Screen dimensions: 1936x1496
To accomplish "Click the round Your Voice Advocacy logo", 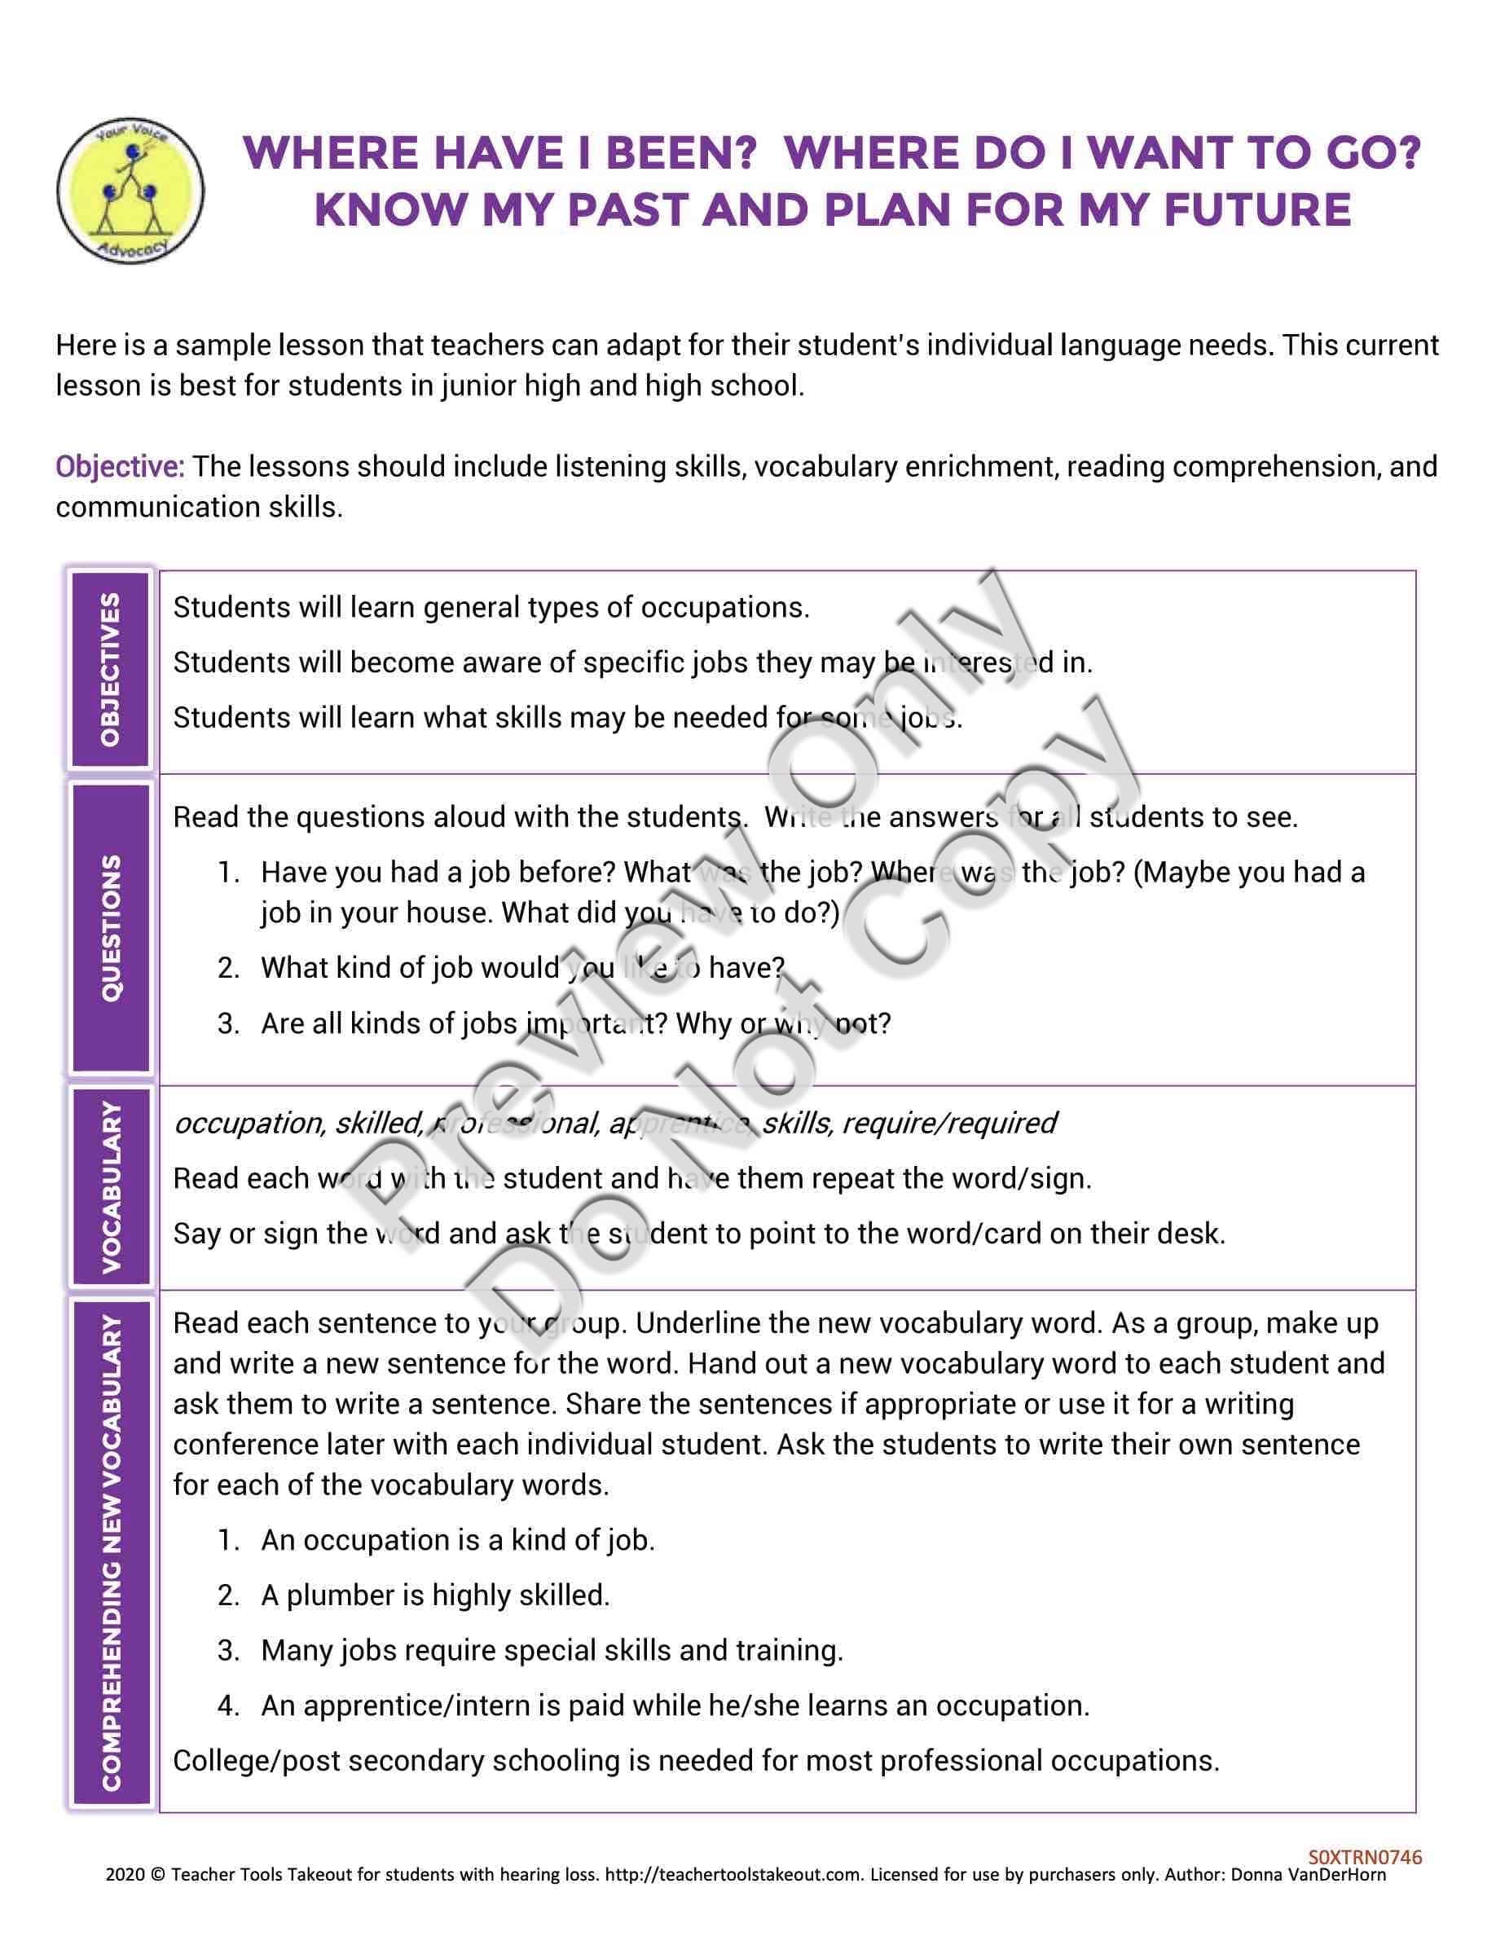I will click(130, 191).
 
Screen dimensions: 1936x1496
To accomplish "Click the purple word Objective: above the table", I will click(120, 466).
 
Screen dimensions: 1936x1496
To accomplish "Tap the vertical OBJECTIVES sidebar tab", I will click(111, 670).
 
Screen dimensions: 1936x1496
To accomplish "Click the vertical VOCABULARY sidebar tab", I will click(111, 1187).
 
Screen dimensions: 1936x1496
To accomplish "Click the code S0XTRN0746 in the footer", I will click(1364, 1857).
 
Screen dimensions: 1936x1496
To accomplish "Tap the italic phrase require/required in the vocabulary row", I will click(948, 1123).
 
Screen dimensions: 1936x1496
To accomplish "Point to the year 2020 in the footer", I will click(123, 1875).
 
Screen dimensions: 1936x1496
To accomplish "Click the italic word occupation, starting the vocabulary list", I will click(249, 1123).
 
